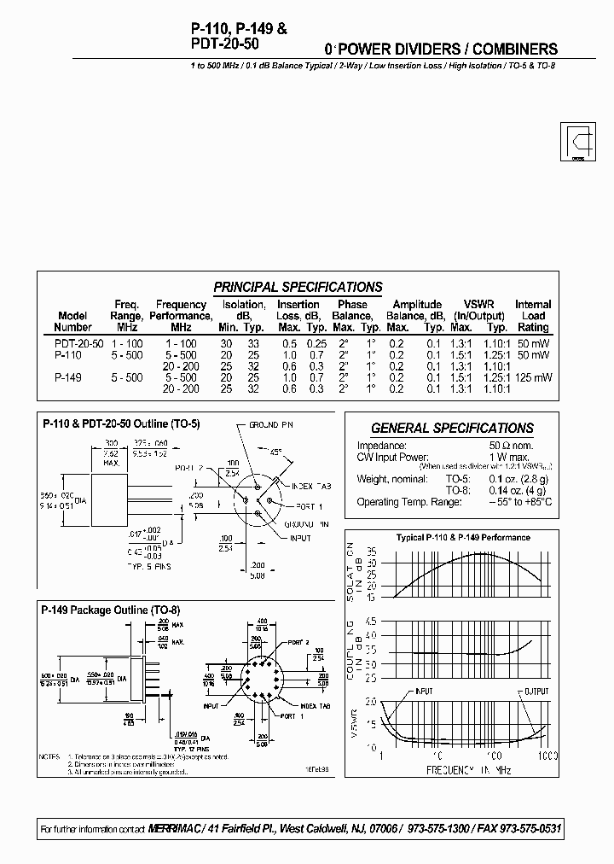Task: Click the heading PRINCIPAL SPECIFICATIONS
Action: coord(298,288)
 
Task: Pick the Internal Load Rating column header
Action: coord(533,315)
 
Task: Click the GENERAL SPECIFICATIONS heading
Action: coord(452,429)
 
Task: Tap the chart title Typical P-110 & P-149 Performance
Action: coord(463,538)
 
